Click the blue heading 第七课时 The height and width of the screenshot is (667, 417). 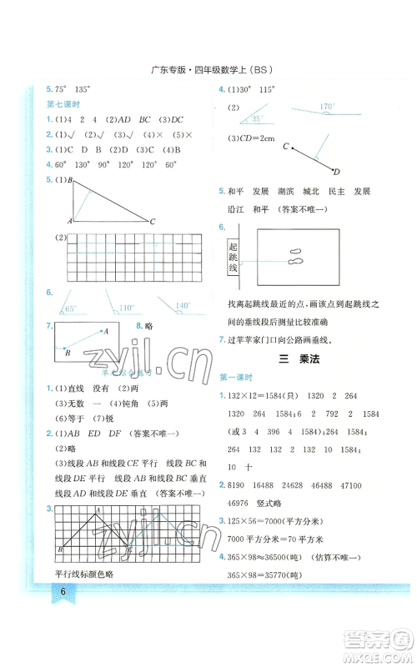63,104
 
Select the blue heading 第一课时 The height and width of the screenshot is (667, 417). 234,378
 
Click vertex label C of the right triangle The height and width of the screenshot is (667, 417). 153,223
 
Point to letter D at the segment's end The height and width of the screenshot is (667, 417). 336,173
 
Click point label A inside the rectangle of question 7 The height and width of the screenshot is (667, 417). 106,331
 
